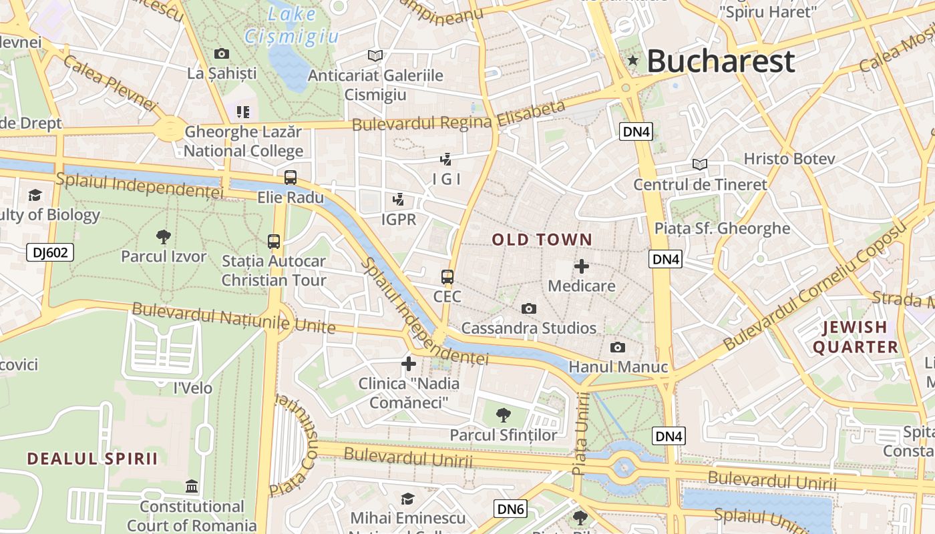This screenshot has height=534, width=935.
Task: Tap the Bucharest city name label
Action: (x=721, y=61)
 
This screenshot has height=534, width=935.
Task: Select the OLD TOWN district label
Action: (x=542, y=240)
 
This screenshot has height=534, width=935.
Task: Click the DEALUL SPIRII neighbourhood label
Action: (x=92, y=459)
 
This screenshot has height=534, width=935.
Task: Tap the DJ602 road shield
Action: (x=50, y=252)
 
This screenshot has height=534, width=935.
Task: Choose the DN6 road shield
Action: (x=510, y=509)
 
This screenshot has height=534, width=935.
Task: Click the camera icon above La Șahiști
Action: (x=222, y=53)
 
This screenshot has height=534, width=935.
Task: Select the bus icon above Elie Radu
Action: (x=291, y=178)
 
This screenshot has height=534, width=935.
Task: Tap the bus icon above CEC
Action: (x=447, y=276)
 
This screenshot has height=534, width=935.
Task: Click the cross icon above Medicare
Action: (x=582, y=266)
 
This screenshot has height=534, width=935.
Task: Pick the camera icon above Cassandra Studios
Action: (x=529, y=308)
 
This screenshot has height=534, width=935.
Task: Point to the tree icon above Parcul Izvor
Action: (x=163, y=236)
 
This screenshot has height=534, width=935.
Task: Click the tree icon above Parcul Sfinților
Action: (x=504, y=415)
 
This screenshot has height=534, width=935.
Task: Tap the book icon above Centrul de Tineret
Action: (x=700, y=164)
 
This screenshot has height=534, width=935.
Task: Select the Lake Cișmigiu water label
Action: (x=292, y=25)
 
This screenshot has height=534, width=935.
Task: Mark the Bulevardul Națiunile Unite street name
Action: (x=233, y=318)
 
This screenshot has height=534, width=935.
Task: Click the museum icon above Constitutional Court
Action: (x=192, y=486)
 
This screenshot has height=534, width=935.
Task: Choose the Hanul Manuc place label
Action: (x=618, y=367)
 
